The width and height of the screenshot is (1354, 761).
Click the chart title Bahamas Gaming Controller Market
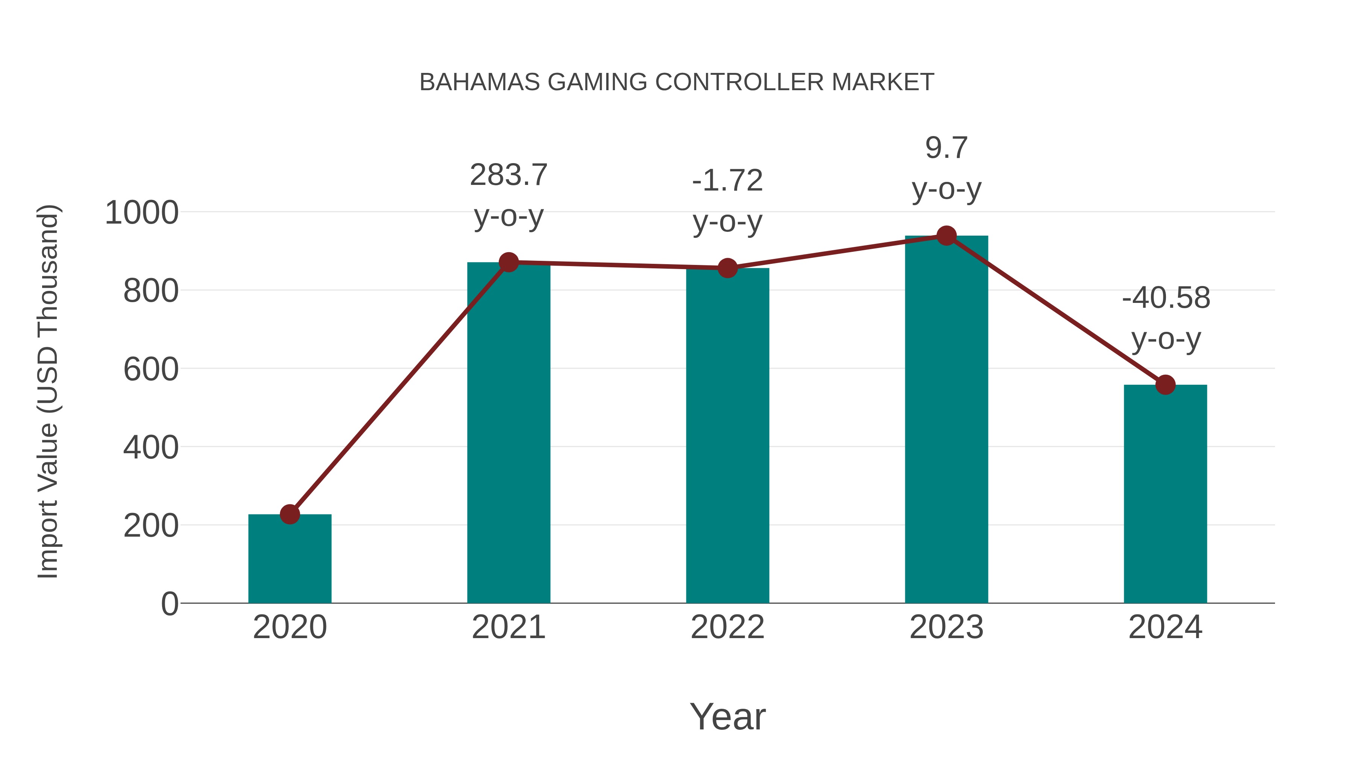click(x=677, y=82)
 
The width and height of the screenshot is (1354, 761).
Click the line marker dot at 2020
click(x=290, y=514)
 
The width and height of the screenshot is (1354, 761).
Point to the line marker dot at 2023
click(x=946, y=236)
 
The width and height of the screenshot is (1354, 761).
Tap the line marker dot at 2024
click(x=1165, y=384)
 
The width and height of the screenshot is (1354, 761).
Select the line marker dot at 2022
click(x=727, y=268)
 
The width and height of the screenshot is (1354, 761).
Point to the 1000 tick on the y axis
click(x=142, y=213)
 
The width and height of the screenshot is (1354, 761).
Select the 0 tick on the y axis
click(x=170, y=604)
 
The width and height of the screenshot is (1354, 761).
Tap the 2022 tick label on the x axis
click(x=727, y=627)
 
